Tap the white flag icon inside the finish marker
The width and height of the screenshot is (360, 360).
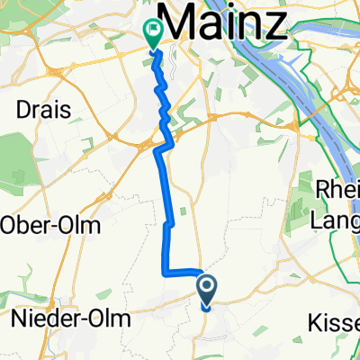pyautogui.click(x=152, y=31)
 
